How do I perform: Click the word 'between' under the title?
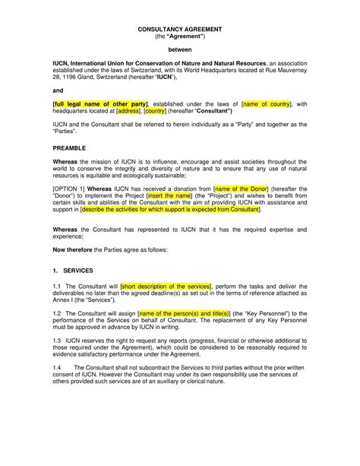pyautogui.click(x=180, y=48)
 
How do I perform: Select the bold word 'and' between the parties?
pyautogui.click(x=57, y=88)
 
